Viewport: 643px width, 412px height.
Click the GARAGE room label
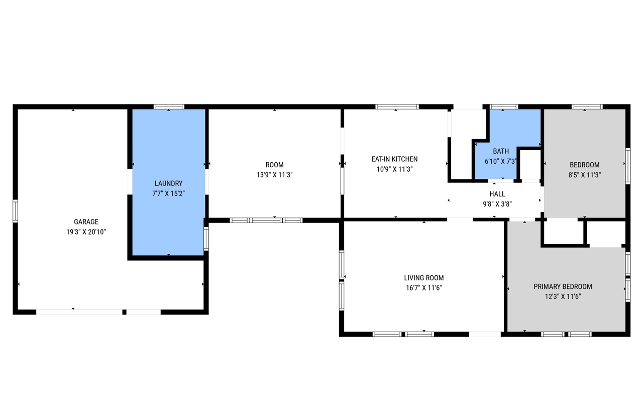[x=86, y=222]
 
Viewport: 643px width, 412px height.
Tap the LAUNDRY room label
[x=168, y=183]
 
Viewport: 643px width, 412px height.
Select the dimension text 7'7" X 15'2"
[x=168, y=193]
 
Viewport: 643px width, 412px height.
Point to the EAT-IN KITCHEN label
[x=394, y=159]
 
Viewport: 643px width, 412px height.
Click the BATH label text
[x=501, y=151]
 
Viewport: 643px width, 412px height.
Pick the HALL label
[x=497, y=194]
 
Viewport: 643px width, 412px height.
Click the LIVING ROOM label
[x=423, y=278]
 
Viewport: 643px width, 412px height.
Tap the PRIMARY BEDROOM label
[x=563, y=286]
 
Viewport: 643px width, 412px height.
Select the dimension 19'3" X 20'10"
[x=86, y=232]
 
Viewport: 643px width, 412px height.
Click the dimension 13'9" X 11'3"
[x=274, y=175]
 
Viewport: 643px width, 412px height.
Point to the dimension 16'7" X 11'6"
[x=423, y=288]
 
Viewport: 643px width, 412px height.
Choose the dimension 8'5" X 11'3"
[x=584, y=175]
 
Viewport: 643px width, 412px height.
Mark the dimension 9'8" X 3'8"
[x=497, y=204]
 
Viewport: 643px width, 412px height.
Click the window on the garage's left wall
[x=15, y=211]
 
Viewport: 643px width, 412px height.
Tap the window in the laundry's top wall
[x=169, y=107]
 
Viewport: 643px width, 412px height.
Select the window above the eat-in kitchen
[x=397, y=107]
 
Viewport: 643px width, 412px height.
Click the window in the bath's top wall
[x=504, y=107]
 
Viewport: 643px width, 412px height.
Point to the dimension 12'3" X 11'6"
[x=563, y=296]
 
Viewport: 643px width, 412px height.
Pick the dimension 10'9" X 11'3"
[x=394, y=169]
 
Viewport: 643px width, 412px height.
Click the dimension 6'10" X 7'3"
[x=501, y=161]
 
